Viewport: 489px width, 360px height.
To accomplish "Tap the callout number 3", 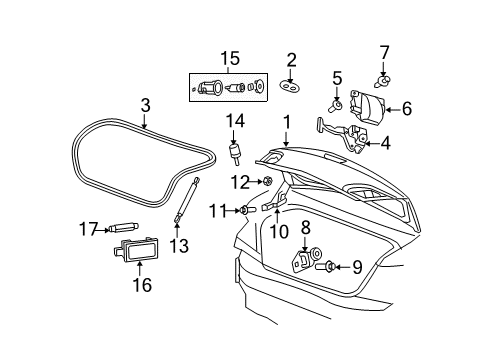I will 145,103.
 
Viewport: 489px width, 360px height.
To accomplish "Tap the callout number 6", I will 407,110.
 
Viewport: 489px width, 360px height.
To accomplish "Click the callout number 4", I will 385,143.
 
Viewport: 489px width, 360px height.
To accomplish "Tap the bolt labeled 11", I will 245,210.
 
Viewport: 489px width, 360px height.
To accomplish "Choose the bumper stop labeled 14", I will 236,155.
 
